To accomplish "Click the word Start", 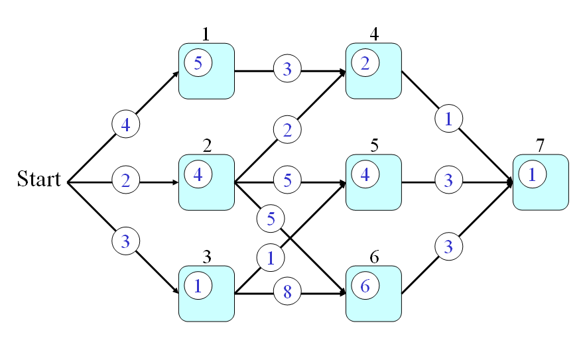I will pos(38,180).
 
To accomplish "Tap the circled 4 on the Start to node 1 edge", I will pos(125,124).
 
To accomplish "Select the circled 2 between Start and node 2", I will pos(125,180).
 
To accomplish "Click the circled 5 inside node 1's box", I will pos(198,64).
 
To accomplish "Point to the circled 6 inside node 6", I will pos(365,286).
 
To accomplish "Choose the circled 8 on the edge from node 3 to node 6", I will pos(287,291).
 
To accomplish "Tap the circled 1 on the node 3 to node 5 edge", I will pos(270,259).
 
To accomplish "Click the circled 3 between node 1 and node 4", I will pos(287,69).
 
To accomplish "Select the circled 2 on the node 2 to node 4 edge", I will pos(287,129).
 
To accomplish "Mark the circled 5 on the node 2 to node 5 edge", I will pos(287,180).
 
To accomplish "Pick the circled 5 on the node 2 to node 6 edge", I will pos(271,219).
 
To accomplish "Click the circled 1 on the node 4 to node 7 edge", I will pos(448,119).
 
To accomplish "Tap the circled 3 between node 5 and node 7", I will pos(448,180).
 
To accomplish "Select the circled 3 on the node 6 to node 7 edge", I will pos(448,247).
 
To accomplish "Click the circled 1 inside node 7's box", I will pos(532,175).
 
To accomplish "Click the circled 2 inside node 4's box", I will pos(365,64).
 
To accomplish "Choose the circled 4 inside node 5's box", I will pos(365,175).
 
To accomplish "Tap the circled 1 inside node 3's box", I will pos(198,286).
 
